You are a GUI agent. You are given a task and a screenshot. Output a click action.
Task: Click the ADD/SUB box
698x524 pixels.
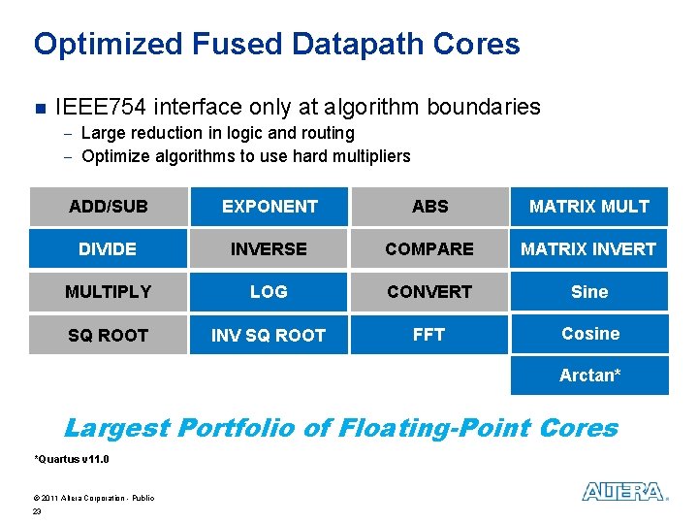pos(108,206)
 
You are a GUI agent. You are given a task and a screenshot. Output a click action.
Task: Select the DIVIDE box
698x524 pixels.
pos(108,248)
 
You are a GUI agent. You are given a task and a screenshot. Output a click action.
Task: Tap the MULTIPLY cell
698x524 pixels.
pos(108,291)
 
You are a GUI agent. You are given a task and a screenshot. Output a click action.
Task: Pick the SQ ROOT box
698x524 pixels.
pos(108,335)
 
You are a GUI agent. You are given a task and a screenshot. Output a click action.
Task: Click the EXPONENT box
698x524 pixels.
pos(269,206)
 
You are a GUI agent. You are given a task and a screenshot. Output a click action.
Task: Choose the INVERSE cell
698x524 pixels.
pos(269,248)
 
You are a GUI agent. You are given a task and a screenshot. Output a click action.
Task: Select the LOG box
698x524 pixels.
pos(269,291)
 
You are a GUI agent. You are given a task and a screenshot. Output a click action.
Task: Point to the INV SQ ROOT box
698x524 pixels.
pos(269,335)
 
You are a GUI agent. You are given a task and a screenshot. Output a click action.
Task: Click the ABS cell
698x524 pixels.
pos(429,206)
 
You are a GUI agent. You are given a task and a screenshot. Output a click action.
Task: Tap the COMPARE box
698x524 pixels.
pos(429,248)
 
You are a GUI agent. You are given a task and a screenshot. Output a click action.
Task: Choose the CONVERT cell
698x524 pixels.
pos(429,291)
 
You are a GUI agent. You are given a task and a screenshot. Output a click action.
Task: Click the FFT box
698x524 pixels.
pos(429,335)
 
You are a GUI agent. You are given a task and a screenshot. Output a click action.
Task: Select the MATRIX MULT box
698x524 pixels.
pos(589,206)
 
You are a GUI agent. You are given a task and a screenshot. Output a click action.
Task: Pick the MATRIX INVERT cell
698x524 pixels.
pos(589,248)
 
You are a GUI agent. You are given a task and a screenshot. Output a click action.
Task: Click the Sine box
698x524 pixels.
pos(589,291)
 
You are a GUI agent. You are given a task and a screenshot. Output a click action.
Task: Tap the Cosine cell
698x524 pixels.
pos(589,334)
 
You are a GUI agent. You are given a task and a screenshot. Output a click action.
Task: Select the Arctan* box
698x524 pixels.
pos(589,376)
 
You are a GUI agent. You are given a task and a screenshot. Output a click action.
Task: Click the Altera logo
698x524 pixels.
pos(624,492)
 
